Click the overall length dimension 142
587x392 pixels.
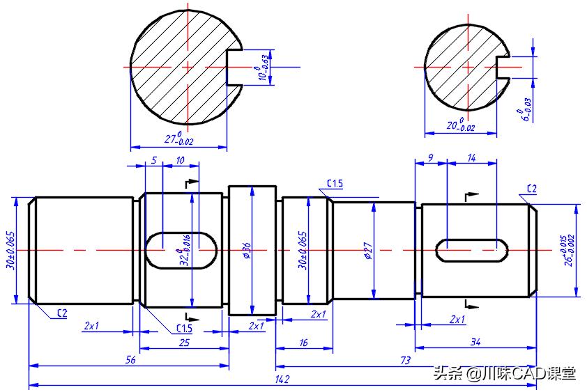pyautogui.click(x=282, y=379)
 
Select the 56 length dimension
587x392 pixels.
pyautogui.click(x=130, y=360)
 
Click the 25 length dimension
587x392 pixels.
pyautogui.click(x=184, y=343)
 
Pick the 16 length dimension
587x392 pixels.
pyautogui.click(x=303, y=343)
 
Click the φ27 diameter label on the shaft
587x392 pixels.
pyautogui.click(x=367, y=251)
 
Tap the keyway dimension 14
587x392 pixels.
pyautogui.click(x=471, y=159)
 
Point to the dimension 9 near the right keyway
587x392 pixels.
pyautogui.click(x=430, y=159)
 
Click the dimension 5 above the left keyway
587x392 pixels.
pyautogui.click(x=154, y=160)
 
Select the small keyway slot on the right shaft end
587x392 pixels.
pyautogui.click(x=471, y=249)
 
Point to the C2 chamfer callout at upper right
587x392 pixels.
pyautogui.click(x=531, y=188)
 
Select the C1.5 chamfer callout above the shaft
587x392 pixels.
pyautogui.click(x=335, y=183)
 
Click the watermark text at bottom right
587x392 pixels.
pyautogui.click(x=505, y=373)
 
